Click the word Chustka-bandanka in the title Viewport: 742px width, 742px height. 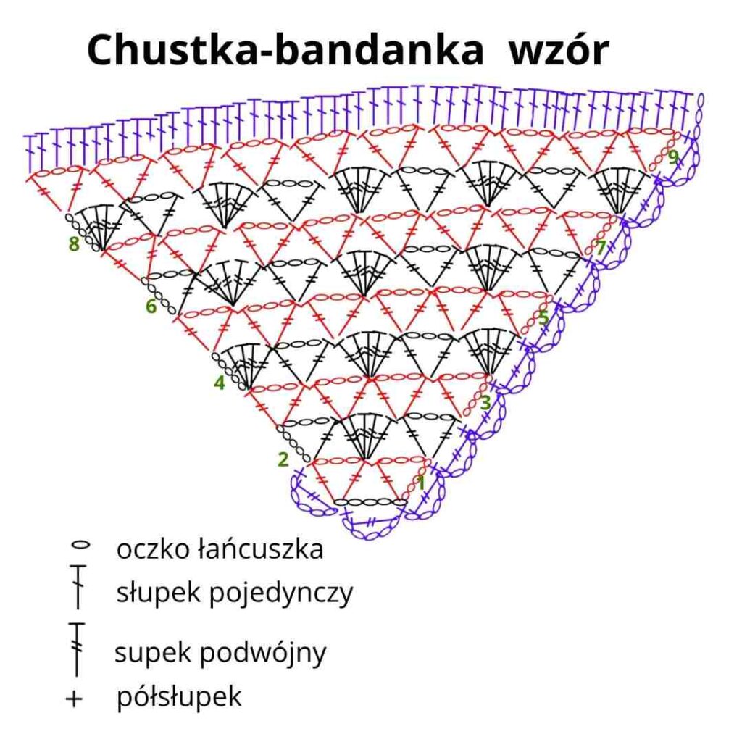(x=285, y=50)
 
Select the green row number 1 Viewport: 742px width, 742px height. (x=421, y=483)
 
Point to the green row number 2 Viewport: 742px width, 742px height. (x=283, y=459)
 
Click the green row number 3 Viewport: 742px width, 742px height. (x=485, y=403)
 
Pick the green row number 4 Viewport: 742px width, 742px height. (x=220, y=383)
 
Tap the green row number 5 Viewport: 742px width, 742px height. (x=543, y=317)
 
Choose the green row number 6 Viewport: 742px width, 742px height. (x=151, y=307)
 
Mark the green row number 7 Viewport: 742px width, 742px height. (x=601, y=248)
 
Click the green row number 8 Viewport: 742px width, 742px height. (x=74, y=244)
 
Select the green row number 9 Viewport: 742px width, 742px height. (x=673, y=157)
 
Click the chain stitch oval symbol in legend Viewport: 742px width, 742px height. (x=80, y=545)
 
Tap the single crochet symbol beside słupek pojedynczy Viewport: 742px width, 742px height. (x=78, y=586)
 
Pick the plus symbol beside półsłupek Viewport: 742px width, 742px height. (x=74, y=699)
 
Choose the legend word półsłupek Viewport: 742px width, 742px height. (x=179, y=696)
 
